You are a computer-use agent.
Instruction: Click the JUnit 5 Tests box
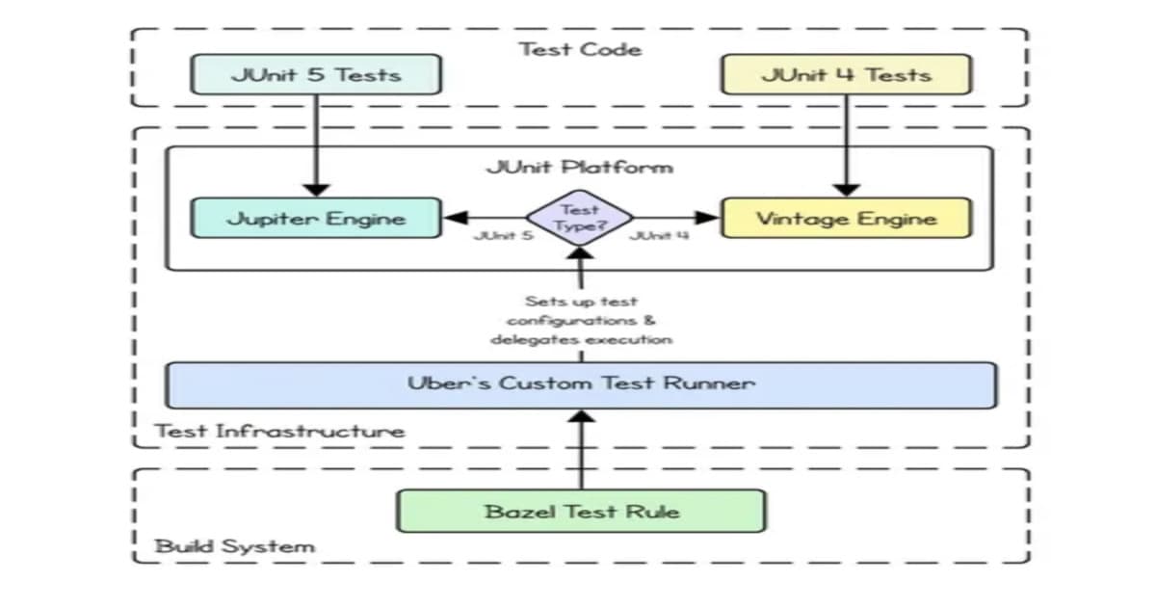pos(316,74)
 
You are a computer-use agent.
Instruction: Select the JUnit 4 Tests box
pos(846,74)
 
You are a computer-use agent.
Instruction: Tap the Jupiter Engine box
pos(316,218)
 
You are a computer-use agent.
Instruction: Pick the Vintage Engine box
pos(846,218)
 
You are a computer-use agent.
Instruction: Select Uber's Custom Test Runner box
pos(581,383)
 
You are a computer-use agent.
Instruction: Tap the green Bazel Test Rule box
pos(581,511)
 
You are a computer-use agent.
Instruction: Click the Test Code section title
pos(580,48)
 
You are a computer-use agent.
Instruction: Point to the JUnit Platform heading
pos(580,167)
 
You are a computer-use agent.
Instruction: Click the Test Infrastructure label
pos(280,430)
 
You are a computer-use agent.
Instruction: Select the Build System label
pos(235,546)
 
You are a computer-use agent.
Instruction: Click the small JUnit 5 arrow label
pos(503,235)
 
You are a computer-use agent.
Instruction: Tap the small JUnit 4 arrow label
pos(658,235)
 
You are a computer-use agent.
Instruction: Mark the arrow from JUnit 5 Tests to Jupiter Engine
pos(316,145)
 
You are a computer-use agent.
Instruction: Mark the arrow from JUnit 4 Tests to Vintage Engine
pos(846,145)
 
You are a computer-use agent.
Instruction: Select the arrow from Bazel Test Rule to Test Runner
pos(581,449)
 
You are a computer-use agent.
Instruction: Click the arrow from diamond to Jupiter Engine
pos(486,218)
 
